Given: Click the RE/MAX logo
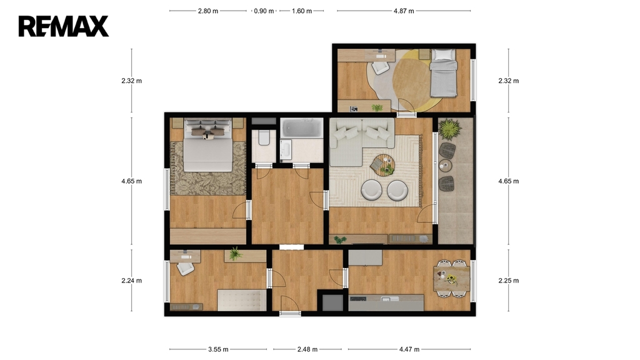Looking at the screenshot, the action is click(x=64, y=26).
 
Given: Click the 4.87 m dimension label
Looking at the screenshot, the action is click(x=404, y=11).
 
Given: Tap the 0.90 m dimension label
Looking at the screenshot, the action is click(x=264, y=11).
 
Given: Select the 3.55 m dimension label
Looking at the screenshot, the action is click(x=218, y=349).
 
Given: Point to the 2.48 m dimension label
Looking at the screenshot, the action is click(x=307, y=349).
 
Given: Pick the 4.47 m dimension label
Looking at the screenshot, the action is click(x=409, y=349).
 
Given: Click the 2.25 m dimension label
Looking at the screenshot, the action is click(x=509, y=281).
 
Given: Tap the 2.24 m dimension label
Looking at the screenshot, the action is click(x=131, y=281).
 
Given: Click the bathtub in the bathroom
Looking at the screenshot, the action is click(x=302, y=127).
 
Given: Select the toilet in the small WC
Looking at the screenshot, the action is click(x=264, y=138).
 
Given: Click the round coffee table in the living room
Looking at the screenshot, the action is click(x=383, y=165).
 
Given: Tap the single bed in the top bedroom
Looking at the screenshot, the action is click(x=443, y=73).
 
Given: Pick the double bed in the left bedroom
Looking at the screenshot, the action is click(x=208, y=145).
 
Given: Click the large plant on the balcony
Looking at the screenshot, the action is click(x=450, y=129).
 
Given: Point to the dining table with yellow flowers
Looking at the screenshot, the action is click(x=451, y=278).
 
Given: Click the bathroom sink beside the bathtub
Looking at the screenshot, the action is click(x=285, y=149).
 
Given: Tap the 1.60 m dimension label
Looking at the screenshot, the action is click(x=302, y=11).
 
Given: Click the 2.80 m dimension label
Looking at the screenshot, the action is click(x=208, y=11).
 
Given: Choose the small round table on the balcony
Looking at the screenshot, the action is click(x=444, y=166).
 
